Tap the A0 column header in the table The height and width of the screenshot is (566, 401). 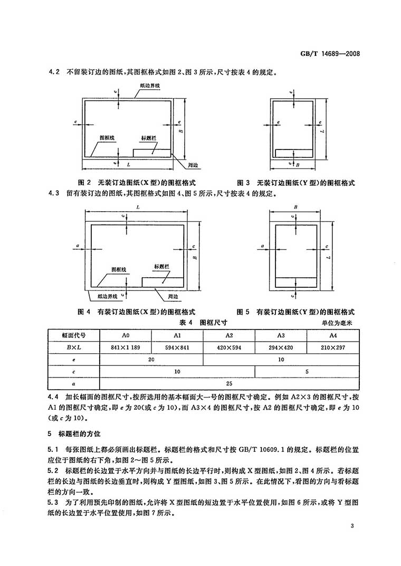125,335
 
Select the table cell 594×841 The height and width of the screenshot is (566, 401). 177,347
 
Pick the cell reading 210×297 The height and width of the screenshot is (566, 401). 333,347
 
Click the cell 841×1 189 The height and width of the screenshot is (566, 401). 125,347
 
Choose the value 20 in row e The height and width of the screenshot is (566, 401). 151,360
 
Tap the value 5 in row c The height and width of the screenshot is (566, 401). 307,372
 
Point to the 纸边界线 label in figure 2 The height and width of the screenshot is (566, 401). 150,84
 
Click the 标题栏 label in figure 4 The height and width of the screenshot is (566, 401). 161,266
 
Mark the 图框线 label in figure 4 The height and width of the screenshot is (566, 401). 119,270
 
